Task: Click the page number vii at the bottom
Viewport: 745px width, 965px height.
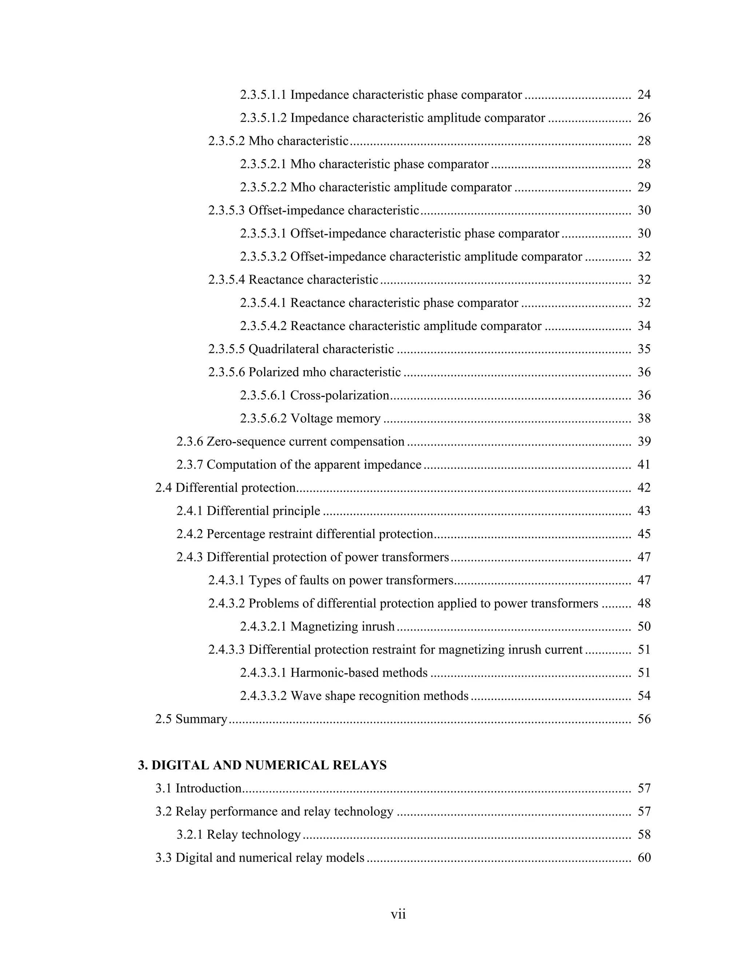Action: (x=398, y=914)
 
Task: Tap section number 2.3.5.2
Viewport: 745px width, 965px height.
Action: (x=226, y=141)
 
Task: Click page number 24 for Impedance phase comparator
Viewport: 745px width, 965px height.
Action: (x=644, y=95)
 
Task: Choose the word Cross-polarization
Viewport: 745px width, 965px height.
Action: (x=339, y=395)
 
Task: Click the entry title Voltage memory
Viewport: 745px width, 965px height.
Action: (x=335, y=418)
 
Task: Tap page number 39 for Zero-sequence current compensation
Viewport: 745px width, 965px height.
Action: (x=644, y=441)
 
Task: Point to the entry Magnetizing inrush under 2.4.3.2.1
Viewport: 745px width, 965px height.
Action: (x=342, y=627)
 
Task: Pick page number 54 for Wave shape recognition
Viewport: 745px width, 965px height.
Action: (x=644, y=696)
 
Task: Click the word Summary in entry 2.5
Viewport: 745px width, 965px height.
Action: (x=201, y=719)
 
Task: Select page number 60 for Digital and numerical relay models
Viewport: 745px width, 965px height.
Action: (x=644, y=858)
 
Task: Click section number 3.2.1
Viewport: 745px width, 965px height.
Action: (x=190, y=835)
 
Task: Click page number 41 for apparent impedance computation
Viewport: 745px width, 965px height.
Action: (x=644, y=464)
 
